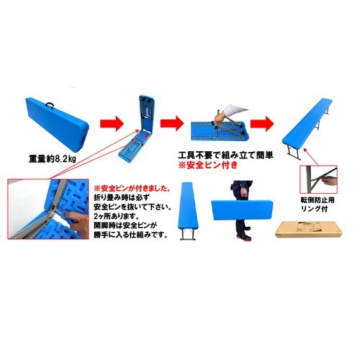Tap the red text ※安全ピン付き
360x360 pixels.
pos(209,165)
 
